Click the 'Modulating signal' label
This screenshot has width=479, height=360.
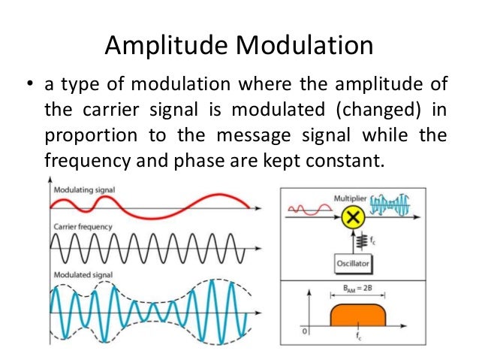84,190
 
